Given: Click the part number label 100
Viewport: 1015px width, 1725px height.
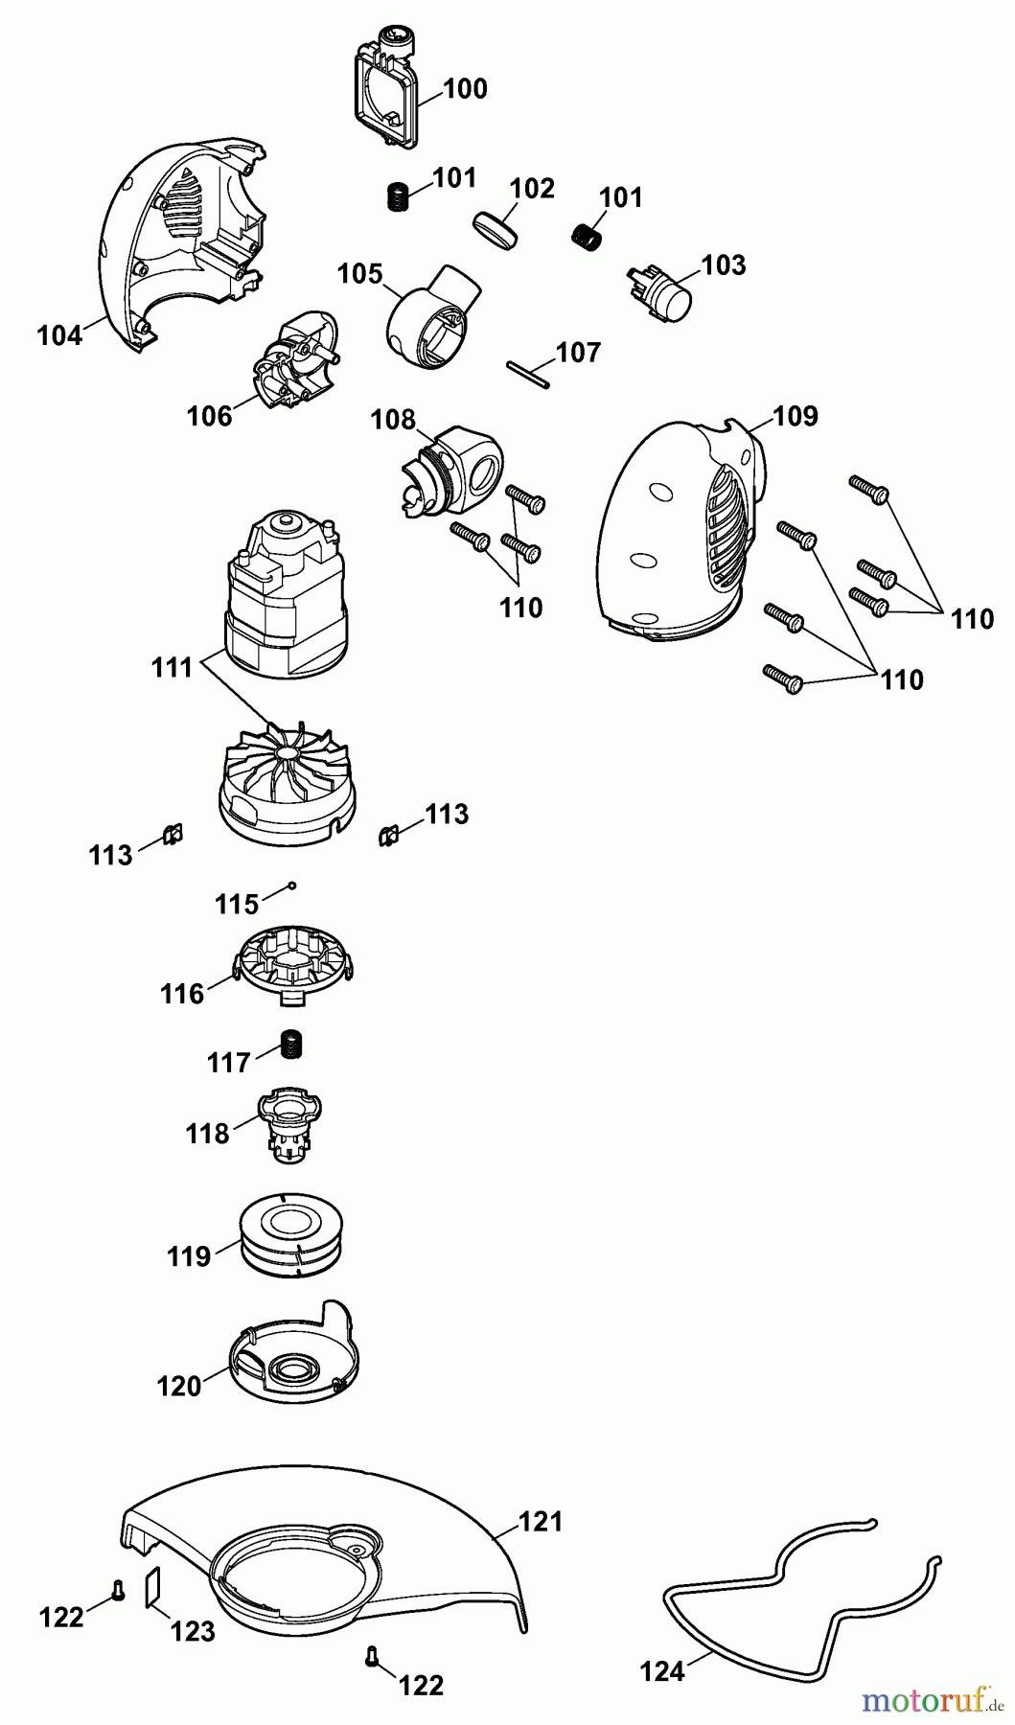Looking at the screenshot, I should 466,89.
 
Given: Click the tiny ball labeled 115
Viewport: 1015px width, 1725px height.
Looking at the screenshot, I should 294,885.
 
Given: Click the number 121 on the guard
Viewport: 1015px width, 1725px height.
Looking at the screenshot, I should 541,1521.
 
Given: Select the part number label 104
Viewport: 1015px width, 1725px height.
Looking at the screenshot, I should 59,336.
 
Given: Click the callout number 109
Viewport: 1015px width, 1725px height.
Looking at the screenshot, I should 795,416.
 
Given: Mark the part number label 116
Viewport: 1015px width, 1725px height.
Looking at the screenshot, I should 182,994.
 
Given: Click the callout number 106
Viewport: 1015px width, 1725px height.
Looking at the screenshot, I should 210,416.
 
